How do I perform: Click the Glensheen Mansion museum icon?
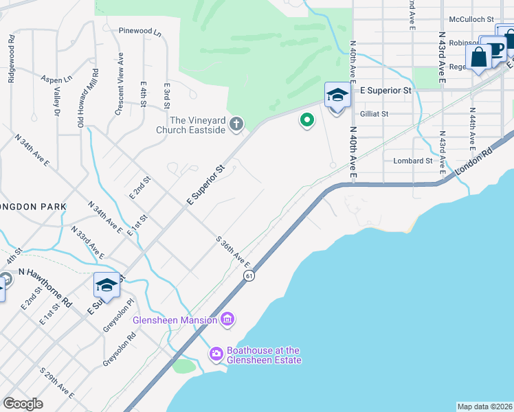click(x=228, y=320)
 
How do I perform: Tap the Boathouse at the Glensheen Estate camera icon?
click(x=216, y=354)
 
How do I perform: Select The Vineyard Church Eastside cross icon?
click(x=236, y=124)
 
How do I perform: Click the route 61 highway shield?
click(x=248, y=275)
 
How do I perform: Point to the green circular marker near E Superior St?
click(x=306, y=121)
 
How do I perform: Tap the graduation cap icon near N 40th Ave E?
click(x=337, y=96)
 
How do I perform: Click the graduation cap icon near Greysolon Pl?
click(x=107, y=285)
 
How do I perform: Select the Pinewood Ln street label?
click(x=139, y=31)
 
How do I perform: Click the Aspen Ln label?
click(x=56, y=80)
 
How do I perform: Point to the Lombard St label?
click(x=413, y=161)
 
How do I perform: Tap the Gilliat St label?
click(x=375, y=114)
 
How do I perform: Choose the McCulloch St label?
click(x=471, y=20)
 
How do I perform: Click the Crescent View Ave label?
click(x=120, y=84)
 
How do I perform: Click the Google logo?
click(x=23, y=404)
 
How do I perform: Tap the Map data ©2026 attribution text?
click(x=484, y=406)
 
